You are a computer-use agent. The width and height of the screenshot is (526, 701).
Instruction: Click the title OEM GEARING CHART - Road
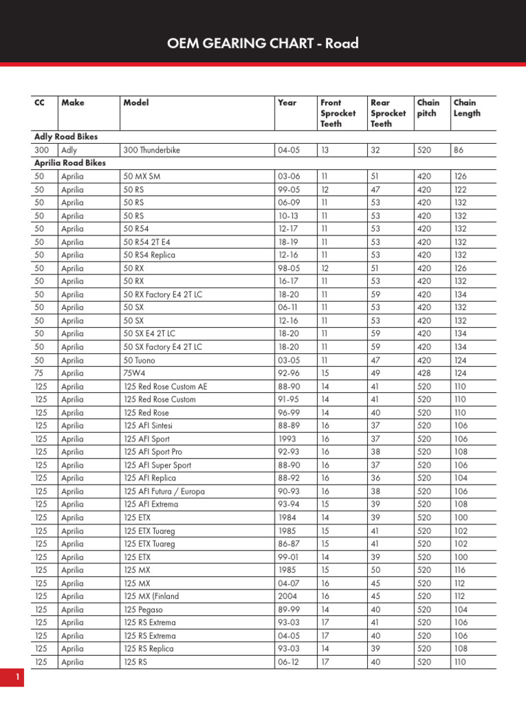263,44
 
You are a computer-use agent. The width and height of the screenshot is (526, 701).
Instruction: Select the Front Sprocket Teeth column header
338,113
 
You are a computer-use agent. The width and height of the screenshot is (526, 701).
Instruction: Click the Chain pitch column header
428,108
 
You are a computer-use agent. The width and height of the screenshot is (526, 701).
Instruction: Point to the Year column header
287,103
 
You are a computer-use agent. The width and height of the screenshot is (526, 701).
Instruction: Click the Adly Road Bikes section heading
66,137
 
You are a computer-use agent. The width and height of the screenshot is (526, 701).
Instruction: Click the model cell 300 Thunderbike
151,150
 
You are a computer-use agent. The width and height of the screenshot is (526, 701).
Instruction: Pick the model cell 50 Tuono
142,360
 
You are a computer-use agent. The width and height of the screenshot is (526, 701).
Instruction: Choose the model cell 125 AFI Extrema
151,505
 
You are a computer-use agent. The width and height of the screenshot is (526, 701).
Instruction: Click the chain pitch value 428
424,373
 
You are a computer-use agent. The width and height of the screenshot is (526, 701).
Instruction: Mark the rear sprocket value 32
375,150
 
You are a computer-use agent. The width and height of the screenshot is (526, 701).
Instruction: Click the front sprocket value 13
325,150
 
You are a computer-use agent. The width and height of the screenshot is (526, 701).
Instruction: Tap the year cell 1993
287,439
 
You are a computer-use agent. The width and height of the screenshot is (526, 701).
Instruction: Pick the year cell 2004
288,596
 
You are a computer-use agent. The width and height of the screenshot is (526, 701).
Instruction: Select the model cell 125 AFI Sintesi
149,426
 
